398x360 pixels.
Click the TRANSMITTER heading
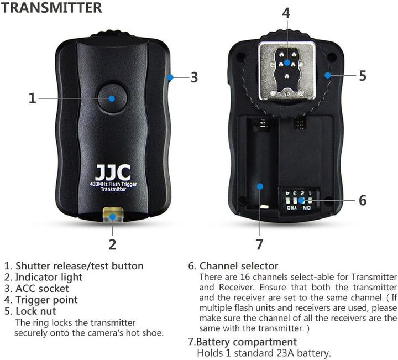(x=51, y=7)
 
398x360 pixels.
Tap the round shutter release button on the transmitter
(x=112, y=98)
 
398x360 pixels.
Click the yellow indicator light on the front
(x=113, y=215)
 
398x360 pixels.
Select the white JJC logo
(x=113, y=173)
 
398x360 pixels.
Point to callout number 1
(x=32, y=98)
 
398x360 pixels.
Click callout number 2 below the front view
(x=112, y=244)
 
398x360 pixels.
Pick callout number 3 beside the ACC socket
(x=194, y=77)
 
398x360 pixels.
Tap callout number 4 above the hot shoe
(x=286, y=13)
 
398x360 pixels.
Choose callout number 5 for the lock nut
(x=363, y=76)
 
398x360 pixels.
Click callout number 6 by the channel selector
(x=363, y=200)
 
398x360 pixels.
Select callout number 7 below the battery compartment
(x=259, y=244)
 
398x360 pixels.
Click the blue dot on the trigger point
(x=287, y=62)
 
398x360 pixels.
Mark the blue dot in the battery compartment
(x=260, y=186)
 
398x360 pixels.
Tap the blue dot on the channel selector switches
(x=301, y=200)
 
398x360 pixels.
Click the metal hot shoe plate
(x=287, y=71)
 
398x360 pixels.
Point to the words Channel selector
(x=239, y=266)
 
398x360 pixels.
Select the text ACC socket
(x=42, y=289)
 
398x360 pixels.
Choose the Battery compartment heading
(x=246, y=342)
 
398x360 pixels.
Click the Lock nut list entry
(x=36, y=311)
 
